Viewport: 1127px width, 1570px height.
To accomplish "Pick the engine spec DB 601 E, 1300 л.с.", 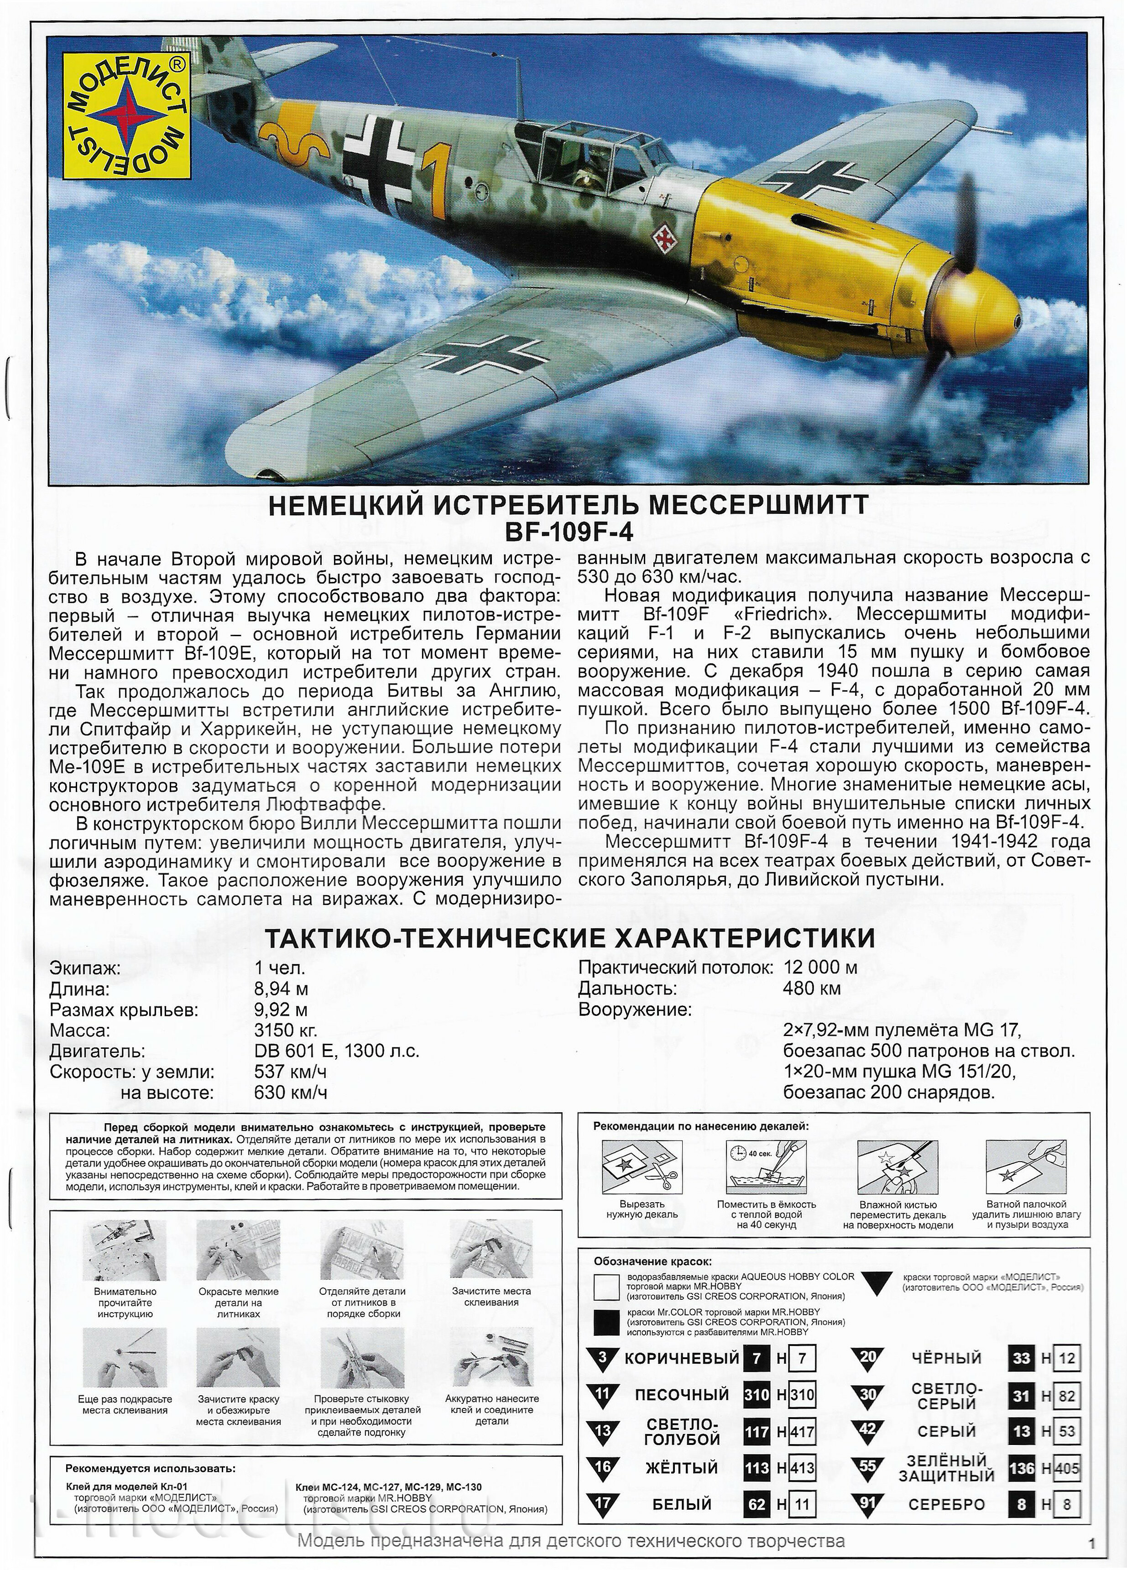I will [336, 1051].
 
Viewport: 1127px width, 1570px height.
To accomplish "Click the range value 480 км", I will [811, 989].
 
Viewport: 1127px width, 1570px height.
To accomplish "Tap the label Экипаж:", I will [85, 968].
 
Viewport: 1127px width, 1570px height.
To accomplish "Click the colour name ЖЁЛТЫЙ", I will [681, 1468].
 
